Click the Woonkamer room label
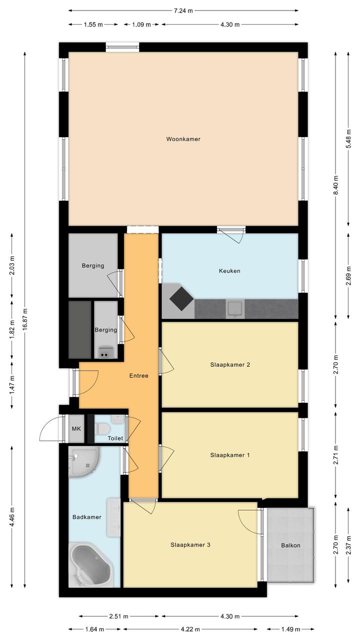pyautogui.click(x=183, y=139)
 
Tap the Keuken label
pyautogui.click(x=229, y=271)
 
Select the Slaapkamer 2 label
pyautogui.click(x=230, y=365)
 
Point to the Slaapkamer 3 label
pyautogui.click(x=190, y=545)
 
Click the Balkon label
pyautogui.click(x=290, y=545)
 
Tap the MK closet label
pyautogui.click(x=76, y=428)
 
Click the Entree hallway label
pyautogui.click(x=138, y=376)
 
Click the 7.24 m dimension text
pyautogui.click(x=183, y=11)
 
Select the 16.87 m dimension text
pyautogui.click(x=25, y=319)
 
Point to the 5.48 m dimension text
pyautogui.click(x=348, y=139)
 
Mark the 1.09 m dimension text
pyautogui.click(x=141, y=25)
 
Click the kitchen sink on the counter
pyautogui.click(x=235, y=309)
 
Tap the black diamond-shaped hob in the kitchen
pyautogui.click(x=181, y=299)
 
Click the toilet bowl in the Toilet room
pyautogui.click(x=102, y=428)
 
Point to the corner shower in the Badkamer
pyautogui.click(x=84, y=462)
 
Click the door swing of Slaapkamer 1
pyautogui.click(x=166, y=458)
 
